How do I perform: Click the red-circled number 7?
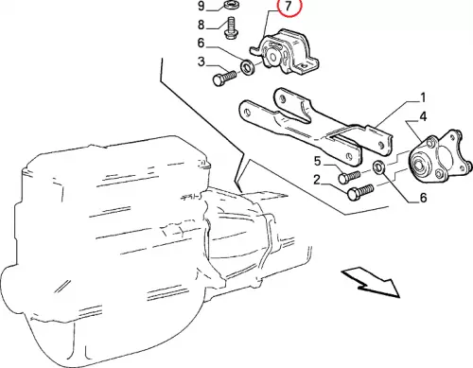(x=288, y=7)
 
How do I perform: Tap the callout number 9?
(x=201, y=6)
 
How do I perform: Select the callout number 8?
(x=201, y=25)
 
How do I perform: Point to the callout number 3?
(x=201, y=61)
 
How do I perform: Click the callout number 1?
(x=423, y=97)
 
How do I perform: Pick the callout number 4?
(x=423, y=116)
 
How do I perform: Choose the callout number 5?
(x=317, y=162)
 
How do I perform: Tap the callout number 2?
(x=317, y=180)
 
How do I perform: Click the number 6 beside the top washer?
(x=201, y=43)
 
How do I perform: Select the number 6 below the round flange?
(x=423, y=198)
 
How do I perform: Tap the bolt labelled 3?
(x=224, y=78)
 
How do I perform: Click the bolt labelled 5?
(x=349, y=176)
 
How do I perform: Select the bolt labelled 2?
(x=360, y=192)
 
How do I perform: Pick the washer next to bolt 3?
(x=246, y=65)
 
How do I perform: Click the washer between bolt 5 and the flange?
(x=378, y=167)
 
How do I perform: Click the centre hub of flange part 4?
(x=419, y=165)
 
